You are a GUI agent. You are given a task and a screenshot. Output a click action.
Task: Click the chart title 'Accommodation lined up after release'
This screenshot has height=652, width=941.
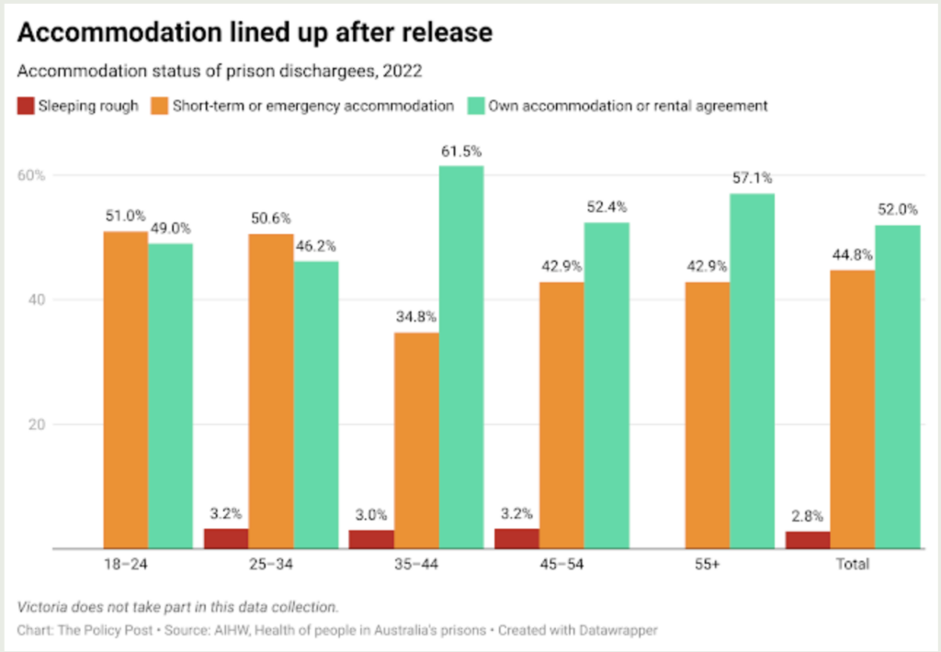[x=255, y=32]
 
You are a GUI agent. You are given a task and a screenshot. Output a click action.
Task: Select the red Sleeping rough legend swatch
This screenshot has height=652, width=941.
[x=25, y=106]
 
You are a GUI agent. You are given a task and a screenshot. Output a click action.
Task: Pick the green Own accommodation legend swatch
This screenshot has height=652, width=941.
[x=475, y=106]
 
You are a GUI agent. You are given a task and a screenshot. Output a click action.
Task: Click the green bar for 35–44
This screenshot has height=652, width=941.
[x=461, y=357]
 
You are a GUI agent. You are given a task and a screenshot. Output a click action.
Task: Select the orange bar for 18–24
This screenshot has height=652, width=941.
[x=126, y=390]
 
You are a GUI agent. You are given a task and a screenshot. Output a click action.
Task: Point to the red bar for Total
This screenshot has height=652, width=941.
[x=808, y=540]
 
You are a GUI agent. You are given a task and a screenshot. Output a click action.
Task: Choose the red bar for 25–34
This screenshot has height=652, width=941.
[x=226, y=538]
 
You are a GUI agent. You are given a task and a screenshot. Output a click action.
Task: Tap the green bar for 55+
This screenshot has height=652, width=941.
[x=752, y=371]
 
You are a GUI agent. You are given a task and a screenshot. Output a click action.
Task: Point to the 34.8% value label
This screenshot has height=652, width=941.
[x=417, y=317]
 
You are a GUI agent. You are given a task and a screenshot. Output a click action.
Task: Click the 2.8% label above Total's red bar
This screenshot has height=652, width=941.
[x=808, y=517]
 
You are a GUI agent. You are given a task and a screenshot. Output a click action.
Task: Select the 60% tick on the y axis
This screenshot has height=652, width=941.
[x=33, y=175]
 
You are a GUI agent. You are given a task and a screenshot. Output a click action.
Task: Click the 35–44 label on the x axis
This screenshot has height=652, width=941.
[x=416, y=564]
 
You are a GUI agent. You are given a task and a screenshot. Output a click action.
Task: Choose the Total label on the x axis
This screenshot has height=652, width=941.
[x=852, y=564]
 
